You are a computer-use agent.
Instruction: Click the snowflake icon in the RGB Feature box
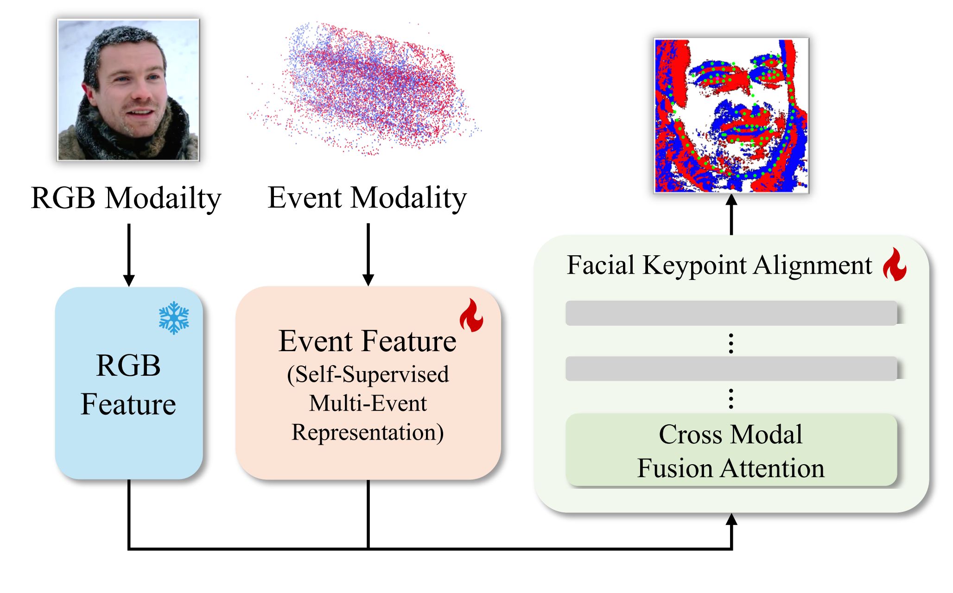click(x=174, y=318)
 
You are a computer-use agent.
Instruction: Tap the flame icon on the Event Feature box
click(x=471, y=315)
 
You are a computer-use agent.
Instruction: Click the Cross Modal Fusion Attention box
click(x=731, y=450)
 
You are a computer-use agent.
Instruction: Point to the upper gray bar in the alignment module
click(x=731, y=313)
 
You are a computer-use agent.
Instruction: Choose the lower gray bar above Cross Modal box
click(x=731, y=369)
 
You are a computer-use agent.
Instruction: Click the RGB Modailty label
click(x=126, y=198)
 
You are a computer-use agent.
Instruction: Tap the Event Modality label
click(x=367, y=198)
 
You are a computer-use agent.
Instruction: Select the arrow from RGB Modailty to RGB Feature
click(x=129, y=255)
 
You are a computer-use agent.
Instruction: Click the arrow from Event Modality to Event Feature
click(x=368, y=255)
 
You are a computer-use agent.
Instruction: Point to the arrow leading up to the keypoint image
click(x=731, y=214)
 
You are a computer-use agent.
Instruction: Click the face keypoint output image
click(x=731, y=115)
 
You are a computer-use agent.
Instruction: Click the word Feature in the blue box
click(x=128, y=404)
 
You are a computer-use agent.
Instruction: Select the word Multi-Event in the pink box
click(x=368, y=403)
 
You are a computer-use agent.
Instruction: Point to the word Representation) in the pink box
click(x=368, y=433)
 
